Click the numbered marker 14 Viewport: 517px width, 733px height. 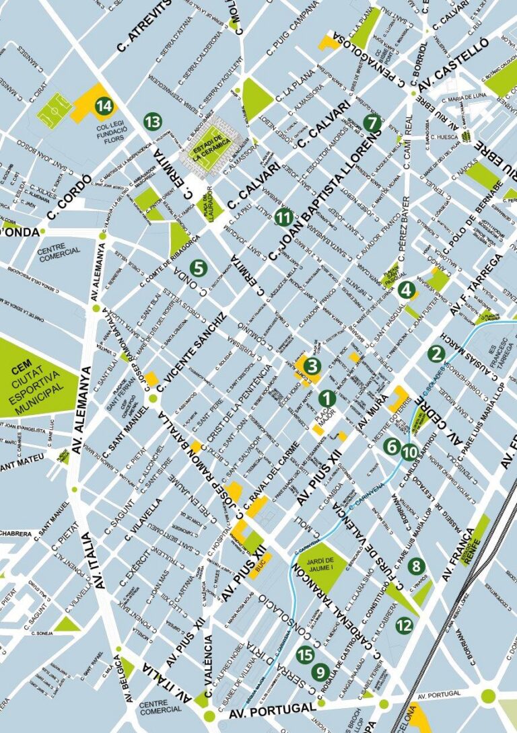pyautogui.click(x=104, y=106)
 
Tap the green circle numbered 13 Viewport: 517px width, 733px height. pyautogui.click(x=153, y=122)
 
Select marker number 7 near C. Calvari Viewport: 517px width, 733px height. pyautogui.click(x=371, y=123)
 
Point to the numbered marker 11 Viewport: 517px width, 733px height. pyautogui.click(x=284, y=217)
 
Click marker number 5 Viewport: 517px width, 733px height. pyautogui.click(x=197, y=268)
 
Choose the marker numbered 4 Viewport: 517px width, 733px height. pyautogui.click(x=406, y=290)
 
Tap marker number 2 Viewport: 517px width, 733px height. pyautogui.click(x=437, y=353)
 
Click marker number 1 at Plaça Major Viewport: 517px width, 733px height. pyautogui.click(x=326, y=398)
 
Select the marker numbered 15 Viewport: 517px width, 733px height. pyautogui.click(x=306, y=654)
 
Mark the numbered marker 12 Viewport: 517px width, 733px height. pyautogui.click(x=404, y=625)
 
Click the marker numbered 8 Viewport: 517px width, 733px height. pyautogui.click(x=416, y=566)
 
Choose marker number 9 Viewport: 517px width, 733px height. pyautogui.click(x=320, y=671)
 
